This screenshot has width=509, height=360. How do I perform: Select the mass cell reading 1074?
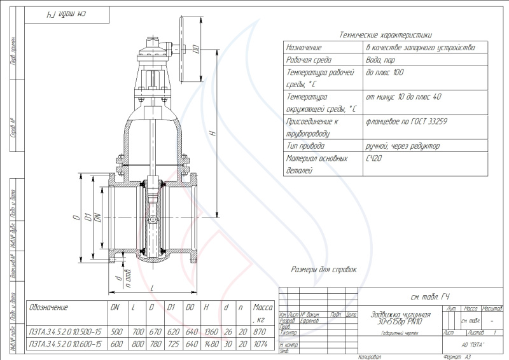click(261, 344)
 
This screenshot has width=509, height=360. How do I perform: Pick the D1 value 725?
click(171, 344)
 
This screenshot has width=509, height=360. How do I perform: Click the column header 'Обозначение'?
click(49, 307)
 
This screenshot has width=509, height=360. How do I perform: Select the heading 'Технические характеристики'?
click(386, 35)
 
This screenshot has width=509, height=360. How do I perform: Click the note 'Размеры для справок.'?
click(324, 270)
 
